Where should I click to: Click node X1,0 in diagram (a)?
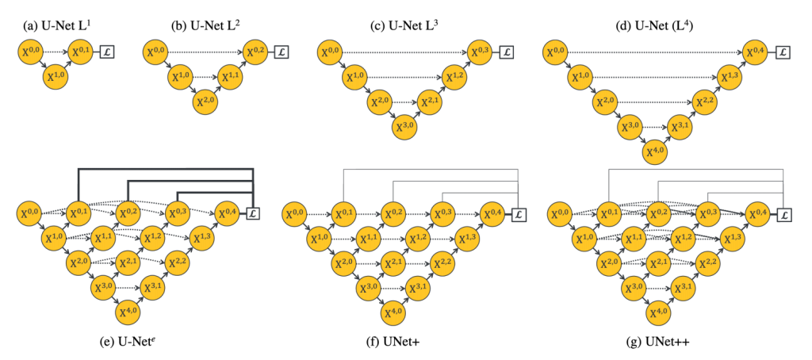click(54, 78)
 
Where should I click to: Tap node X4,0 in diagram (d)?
click(655, 150)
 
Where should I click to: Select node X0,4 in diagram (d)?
click(755, 53)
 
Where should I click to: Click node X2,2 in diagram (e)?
click(178, 262)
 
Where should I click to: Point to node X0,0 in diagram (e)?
click(29, 213)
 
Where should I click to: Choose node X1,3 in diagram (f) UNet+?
click(467, 238)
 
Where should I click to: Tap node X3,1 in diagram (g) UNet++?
click(680, 286)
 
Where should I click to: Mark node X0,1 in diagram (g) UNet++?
click(607, 213)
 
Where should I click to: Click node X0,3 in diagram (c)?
click(479, 53)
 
